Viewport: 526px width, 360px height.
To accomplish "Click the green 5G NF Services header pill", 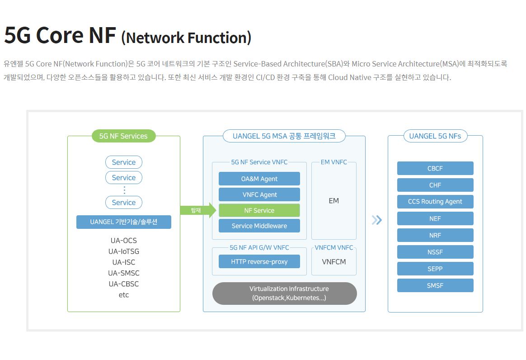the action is (x=123, y=136).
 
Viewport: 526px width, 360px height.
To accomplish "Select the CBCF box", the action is (x=435, y=168).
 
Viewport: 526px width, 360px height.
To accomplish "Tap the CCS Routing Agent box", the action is (x=435, y=202).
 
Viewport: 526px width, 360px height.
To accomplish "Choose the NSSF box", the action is (x=435, y=252).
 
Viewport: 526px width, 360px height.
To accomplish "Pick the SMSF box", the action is (x=435, y=285).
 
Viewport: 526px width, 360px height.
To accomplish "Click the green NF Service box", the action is (x=259, y=211).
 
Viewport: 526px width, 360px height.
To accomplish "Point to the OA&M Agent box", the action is (x=259, y=179).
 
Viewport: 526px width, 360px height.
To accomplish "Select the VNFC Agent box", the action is (x=259, y=194).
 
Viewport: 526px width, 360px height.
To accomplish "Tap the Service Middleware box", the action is (x=259, y=226).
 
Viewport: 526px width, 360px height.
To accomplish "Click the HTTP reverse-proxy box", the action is (x=259, y=261).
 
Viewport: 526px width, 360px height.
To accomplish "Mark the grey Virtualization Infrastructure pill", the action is (x=285, y=293).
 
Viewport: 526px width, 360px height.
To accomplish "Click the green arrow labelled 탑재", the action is (x=198, y=210).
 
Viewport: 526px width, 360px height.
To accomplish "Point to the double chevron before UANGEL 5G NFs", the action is (x=377, y=220).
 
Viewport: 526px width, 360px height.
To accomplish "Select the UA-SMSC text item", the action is (x=124, y=273).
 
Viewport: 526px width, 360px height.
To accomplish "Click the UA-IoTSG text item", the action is (x=124, y=251).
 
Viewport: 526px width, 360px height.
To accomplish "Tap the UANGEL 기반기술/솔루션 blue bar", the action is (x=124, y=222).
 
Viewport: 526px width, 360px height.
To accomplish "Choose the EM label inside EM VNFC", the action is (x=334, y=201).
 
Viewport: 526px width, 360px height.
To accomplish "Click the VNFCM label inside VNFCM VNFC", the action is (x=334, y=261).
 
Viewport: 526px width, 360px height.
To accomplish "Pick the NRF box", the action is (x=435, y=235).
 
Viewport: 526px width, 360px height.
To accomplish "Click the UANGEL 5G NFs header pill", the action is (x=435, y=136).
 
